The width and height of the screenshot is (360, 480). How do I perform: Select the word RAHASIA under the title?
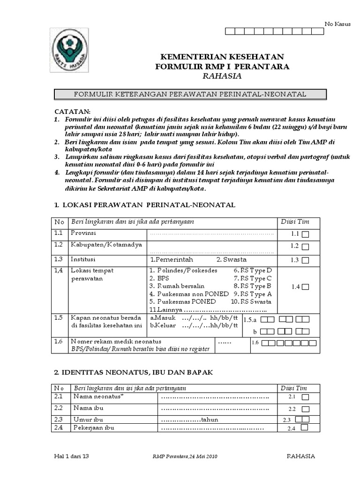coord(223,76)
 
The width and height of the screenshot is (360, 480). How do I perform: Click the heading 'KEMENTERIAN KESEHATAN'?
coord(222,56)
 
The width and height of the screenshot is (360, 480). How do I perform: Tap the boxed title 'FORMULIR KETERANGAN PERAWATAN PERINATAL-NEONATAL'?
coord(190,94)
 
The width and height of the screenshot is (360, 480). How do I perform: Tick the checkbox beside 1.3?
coord(305,260)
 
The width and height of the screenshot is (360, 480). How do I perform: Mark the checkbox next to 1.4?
coord(305,287)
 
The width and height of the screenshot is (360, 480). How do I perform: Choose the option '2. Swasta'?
coord(231,260)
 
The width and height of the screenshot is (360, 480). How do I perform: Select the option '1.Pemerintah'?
coord(172,260)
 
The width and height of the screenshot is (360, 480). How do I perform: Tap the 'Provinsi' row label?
coord(83,233)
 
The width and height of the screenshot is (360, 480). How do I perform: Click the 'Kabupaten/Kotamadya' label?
coord(101,245)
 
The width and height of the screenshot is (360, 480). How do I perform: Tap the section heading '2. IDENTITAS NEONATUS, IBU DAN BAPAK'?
coord(134,372)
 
